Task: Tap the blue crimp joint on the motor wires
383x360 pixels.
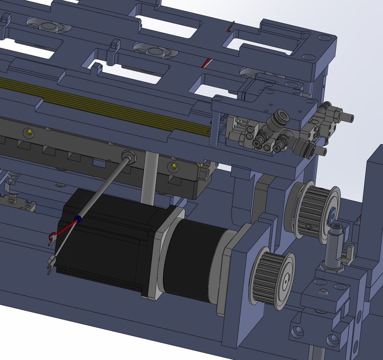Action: pyautogui.click(x=78, y=219)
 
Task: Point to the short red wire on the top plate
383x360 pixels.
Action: pyautogui.click(x=207, y=63)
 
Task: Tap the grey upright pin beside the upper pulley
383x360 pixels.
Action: pyautogui.click(x=333, y=245)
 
